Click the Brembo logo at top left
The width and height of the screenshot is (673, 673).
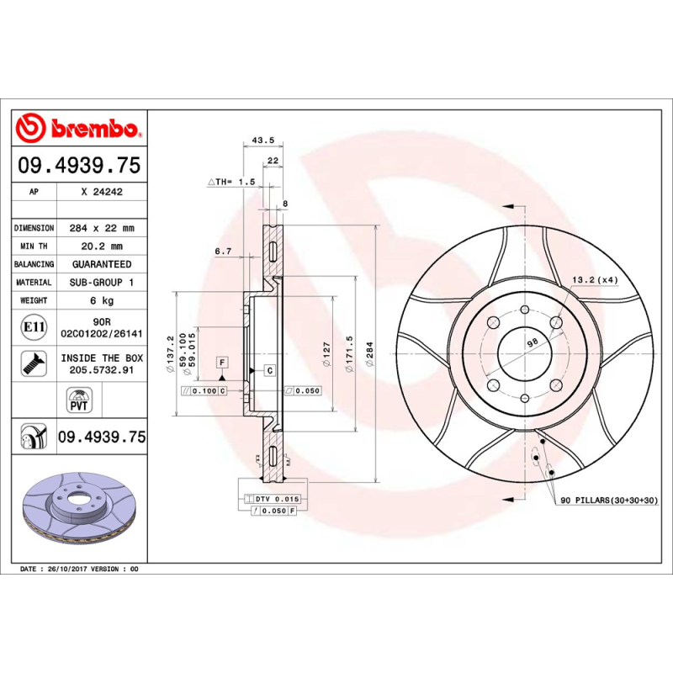77,128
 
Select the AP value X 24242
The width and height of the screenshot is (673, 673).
102,192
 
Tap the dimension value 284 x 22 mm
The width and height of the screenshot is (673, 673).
102,228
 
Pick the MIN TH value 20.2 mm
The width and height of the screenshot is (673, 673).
102,246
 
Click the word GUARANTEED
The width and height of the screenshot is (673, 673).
102,264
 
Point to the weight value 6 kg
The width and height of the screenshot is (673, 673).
102,300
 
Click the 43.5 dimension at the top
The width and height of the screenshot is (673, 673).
264,140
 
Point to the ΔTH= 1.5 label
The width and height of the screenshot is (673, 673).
231,181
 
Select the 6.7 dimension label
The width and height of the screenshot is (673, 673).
223,251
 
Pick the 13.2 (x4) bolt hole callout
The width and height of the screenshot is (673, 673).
595,279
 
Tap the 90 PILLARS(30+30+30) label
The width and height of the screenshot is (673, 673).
608,501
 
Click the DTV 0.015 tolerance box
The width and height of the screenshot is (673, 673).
275,499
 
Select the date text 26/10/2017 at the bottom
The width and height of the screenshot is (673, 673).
67,570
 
